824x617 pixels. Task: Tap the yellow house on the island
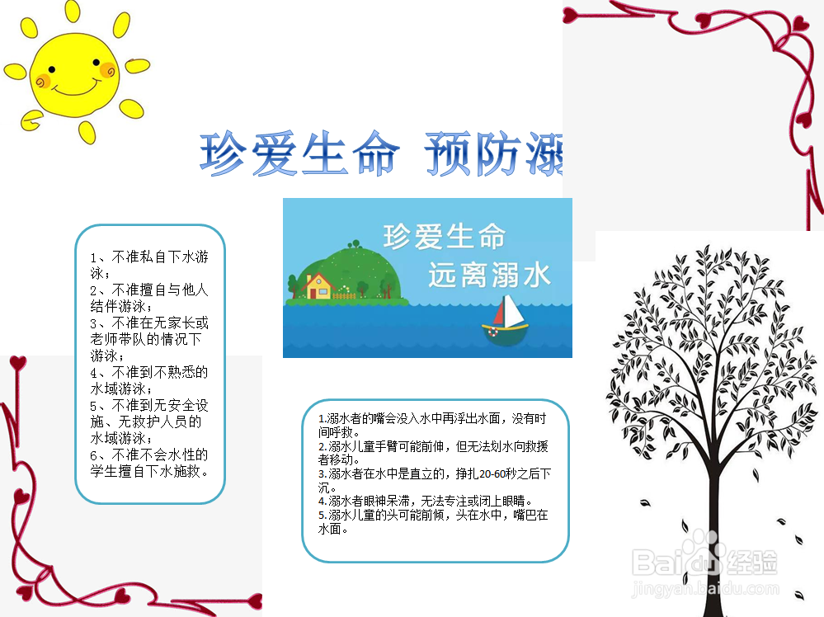[x=318, y=285]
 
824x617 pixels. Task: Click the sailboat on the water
[x=506, y=322]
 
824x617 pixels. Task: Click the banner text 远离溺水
[x=489, y=275]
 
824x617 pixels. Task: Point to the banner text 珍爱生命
[x=444, y=237]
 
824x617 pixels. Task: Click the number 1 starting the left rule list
[x=94, y=257]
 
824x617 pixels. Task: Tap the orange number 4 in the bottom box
[x=322, y=501]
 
